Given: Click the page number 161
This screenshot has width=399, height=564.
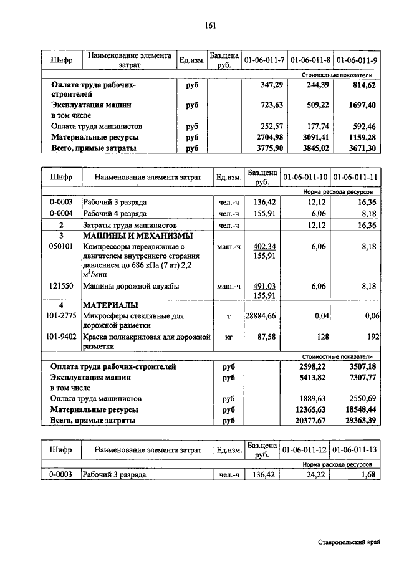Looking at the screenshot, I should click(209, 26).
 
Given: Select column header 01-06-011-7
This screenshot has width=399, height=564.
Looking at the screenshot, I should click(264, 60).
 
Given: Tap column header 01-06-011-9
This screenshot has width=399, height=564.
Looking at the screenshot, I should click(357, 60).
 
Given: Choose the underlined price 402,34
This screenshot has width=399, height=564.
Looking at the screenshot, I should click(266, 247).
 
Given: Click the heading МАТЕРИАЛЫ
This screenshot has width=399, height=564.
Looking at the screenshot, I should click(110, 306).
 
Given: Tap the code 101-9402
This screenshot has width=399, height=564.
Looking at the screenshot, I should click(62, 337).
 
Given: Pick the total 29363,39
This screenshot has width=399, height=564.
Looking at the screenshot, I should click(360, 421).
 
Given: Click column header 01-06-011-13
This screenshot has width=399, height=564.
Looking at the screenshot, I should click(355, 449).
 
